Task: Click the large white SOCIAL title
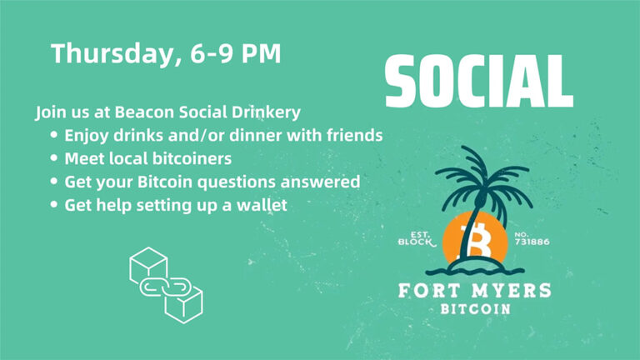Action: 478,82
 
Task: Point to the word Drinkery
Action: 267,111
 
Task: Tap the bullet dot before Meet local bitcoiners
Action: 54,157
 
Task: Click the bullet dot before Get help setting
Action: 54,204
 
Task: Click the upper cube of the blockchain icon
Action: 148,265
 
